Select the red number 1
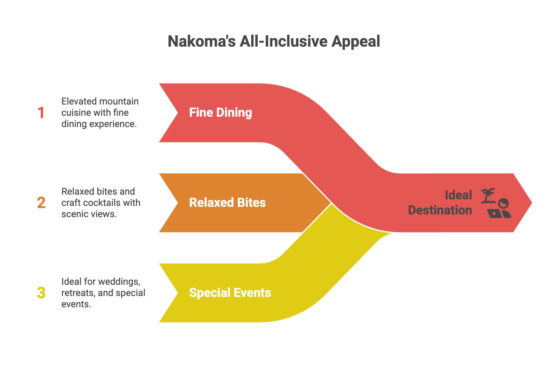(x=41, y=113)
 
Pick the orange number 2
(x=41, y=203)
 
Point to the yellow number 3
(x=41, y=293)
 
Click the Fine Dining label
(x=220, y=113)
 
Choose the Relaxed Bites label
(x=227, y=203)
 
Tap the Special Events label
(x=230, y=293)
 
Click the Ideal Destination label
(x=440, y=203)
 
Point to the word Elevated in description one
(x=78, y=101)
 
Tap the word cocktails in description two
(x=101, y=203)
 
